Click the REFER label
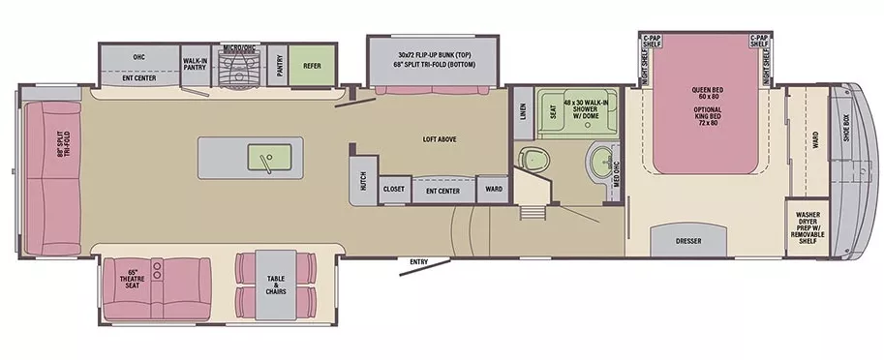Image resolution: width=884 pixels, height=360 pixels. (312, 67)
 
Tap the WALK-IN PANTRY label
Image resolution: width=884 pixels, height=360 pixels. (196, 64)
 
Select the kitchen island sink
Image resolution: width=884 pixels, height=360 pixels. (262, 157)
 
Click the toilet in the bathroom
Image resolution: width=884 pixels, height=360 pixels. (532, 158)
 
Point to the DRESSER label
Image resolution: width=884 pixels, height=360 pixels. (687, 241)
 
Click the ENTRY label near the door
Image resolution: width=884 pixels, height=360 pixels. (419, 261)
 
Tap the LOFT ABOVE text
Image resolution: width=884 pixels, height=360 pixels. (439, 140)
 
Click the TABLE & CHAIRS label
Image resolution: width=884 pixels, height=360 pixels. (276, 285)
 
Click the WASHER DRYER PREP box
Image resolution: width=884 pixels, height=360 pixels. (808, 226)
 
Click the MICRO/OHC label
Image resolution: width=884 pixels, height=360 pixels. (238, 45)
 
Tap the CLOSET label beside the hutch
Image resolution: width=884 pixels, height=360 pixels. (394, 190)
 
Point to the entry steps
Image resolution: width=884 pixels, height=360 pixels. (532, 214)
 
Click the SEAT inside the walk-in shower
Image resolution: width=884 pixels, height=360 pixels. (553, 113)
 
